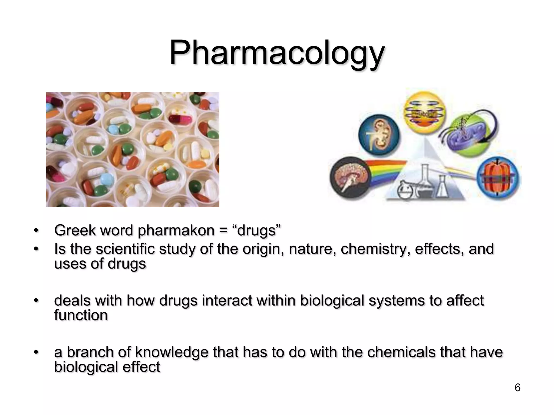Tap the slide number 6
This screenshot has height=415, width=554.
517,387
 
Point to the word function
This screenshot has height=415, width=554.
81,315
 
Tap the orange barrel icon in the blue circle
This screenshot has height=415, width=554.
498,176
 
